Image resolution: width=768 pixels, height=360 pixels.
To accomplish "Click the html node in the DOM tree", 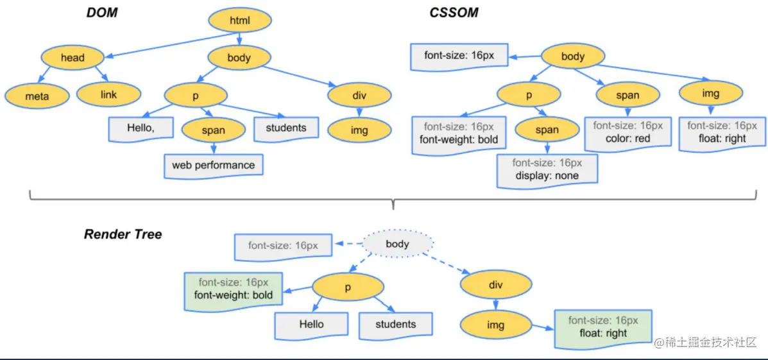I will [239, 22].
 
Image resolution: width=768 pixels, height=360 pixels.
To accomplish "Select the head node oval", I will [73, 58].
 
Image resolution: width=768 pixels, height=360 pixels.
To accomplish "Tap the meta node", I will [37, 96].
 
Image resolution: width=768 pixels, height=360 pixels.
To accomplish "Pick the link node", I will [109, 94].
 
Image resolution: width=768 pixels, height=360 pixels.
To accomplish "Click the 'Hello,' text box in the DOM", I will [141, 128].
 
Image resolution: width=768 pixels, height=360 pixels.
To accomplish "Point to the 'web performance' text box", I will [213, 165].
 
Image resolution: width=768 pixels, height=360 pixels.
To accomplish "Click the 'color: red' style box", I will [627, 132].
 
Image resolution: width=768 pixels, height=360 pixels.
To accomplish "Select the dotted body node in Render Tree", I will [398, 244].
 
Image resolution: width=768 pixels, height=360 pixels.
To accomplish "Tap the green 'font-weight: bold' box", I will [234, 289].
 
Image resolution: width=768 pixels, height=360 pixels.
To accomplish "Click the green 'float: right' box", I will [602, 327].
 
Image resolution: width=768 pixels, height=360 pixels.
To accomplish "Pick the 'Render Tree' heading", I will [123, 234].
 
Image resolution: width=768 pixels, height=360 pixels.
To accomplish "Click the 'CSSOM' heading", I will [454, 12].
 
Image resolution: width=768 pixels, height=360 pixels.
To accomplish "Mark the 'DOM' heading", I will [102, 12].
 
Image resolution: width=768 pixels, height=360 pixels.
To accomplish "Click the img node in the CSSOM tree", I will [710, 94].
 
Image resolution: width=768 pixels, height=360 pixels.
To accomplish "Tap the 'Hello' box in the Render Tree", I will [311, 324].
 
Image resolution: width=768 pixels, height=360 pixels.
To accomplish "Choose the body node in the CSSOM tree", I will [572, 56].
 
